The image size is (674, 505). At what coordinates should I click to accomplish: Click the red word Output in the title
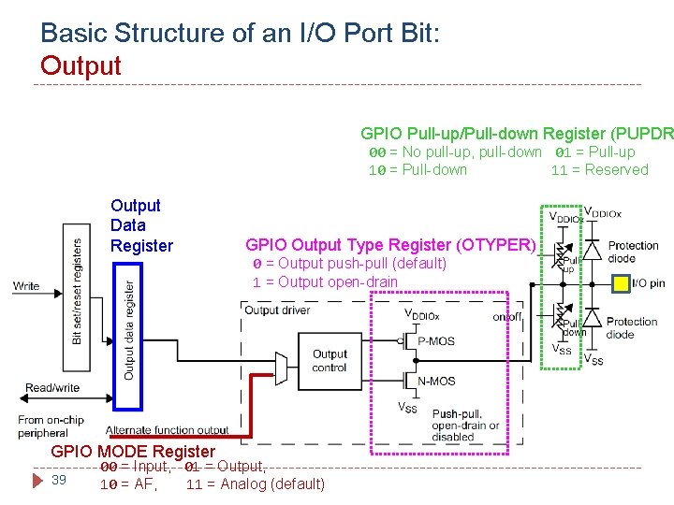tap(81, 65)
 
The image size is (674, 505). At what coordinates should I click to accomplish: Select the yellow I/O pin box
tap(619, 282)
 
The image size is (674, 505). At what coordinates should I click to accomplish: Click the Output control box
tap(330, 360)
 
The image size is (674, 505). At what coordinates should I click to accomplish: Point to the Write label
tap(27, 286)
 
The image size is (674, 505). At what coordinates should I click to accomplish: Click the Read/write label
tap(51, 387)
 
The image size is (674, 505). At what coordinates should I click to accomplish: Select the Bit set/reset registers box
tap(78, 291)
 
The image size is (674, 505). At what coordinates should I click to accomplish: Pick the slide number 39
tap(58, 480)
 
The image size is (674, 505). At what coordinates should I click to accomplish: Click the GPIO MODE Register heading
tap(132, 452)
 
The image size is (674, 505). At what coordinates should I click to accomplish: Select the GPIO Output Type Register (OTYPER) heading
tap(390, 245)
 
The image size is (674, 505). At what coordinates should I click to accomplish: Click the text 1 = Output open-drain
tap(325, 281)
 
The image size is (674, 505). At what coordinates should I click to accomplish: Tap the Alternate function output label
tap(167, 430)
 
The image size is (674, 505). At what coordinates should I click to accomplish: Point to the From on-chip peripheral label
tap(43, 426)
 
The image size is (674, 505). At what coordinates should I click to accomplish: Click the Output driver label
tap(276, 310)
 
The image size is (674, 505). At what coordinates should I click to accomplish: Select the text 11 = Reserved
tap(599, 169)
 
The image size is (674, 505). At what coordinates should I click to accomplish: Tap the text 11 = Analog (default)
tap(256, 483)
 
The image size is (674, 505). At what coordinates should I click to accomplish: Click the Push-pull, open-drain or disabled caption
tap(465, 425)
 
